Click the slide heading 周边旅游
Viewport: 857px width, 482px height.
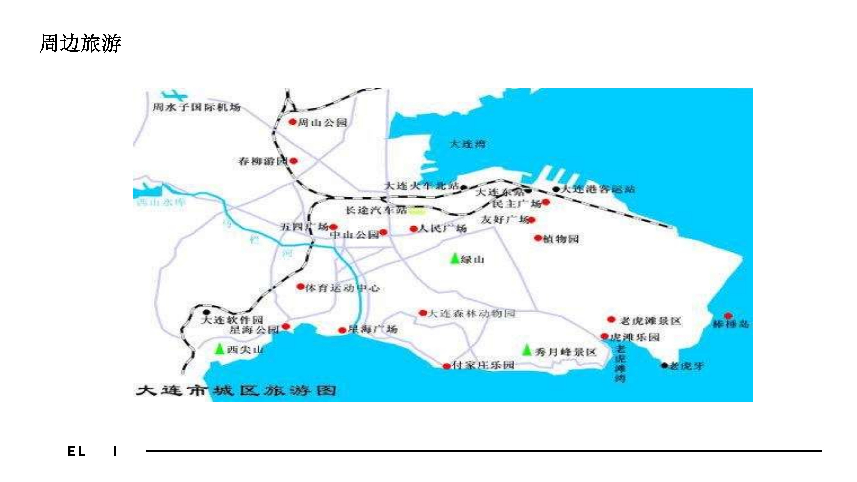80,43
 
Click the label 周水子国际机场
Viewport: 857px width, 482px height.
196,107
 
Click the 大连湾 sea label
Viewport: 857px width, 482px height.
467,144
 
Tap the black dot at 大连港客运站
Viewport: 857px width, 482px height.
556,189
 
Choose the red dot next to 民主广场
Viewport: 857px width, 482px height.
546,202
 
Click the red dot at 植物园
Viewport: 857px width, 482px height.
538,238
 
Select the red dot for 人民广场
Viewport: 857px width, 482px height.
413,229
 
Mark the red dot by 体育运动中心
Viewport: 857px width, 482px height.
301,287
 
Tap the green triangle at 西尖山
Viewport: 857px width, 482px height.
219,349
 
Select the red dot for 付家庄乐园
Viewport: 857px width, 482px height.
446,366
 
